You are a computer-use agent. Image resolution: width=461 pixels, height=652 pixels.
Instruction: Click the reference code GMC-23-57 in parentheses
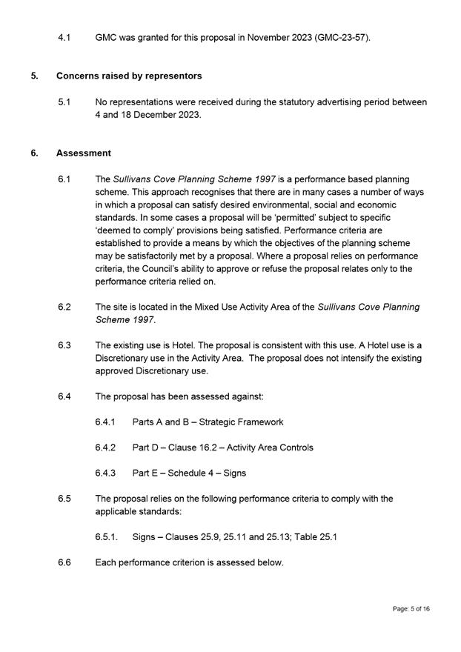point(341,36)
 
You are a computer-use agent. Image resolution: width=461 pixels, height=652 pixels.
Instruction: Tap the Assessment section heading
point(84,153)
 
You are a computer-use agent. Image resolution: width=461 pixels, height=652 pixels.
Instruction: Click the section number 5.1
point(64,102)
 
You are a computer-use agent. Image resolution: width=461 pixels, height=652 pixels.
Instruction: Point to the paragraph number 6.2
point(64,307)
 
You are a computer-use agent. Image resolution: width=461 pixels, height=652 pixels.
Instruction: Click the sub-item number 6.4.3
point(105,473)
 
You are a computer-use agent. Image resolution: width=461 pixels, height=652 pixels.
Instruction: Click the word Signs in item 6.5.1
point(145,537)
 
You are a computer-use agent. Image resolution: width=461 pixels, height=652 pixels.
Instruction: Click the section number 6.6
point(64,562)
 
